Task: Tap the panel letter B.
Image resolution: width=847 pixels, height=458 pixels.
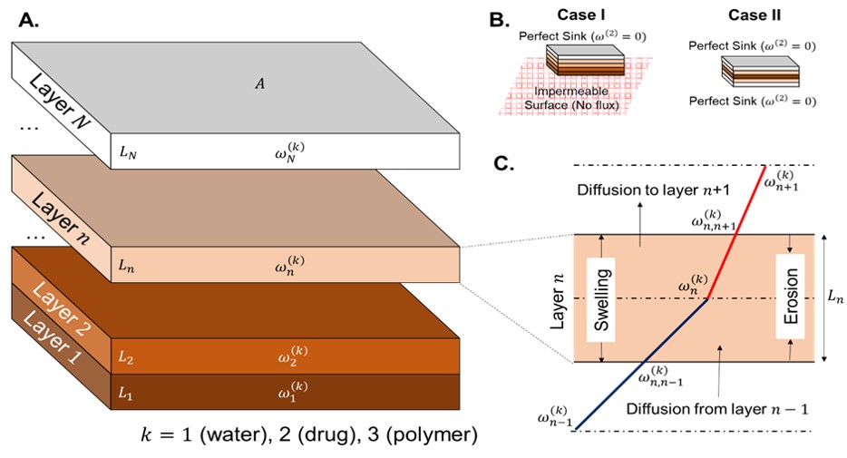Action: (499, 18)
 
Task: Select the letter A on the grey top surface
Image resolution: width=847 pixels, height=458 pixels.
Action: (258, 84)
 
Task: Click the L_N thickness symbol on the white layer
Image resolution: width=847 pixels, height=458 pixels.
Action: (127, 153)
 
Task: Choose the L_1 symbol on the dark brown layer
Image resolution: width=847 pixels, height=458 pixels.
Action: (127, 396)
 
